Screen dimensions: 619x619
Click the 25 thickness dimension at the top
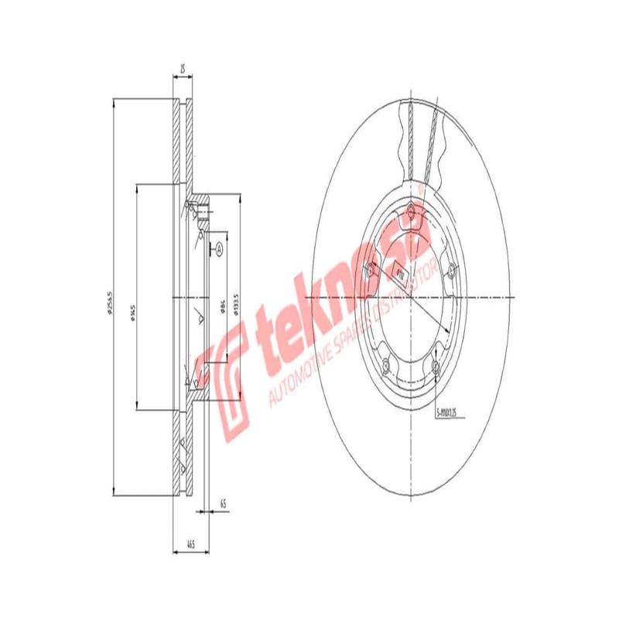(x=182, y=70)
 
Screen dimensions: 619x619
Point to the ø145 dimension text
(x=133, y=309)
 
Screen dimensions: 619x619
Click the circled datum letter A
(x=218, y=248)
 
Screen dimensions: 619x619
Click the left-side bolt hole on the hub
(x=370, y=269)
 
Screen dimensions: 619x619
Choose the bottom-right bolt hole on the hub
(x=436, y=368)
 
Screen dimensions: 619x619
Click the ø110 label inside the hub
(x=399, y=272)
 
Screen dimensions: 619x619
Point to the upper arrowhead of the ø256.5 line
(x=113, y=104)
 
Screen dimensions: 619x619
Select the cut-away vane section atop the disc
(x=422, y=139)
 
